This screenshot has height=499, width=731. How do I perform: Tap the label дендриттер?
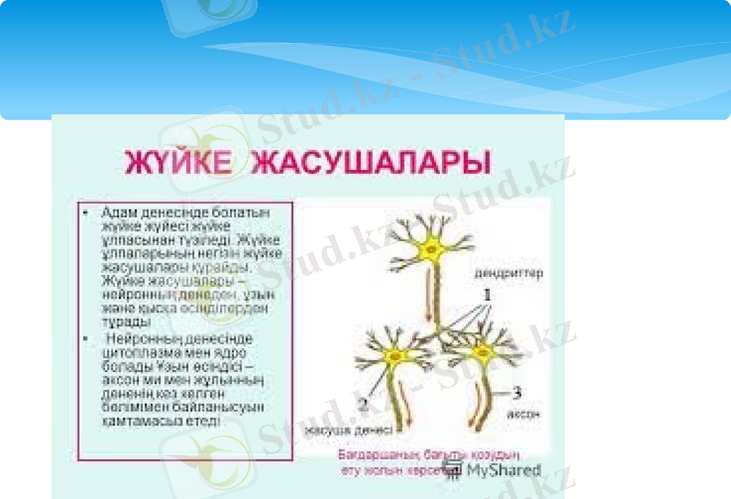[508, 273]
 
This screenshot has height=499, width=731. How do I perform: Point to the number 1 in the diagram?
[488, 296]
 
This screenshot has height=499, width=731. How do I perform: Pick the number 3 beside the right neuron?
[516, 394]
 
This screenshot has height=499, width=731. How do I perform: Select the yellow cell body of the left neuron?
[396, 356]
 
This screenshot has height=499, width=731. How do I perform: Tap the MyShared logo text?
[503, 470]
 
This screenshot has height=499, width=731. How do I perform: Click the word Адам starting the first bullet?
[117, 212]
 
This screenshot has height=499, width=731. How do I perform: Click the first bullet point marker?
[84, 212]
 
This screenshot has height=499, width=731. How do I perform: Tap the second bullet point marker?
[84, 339]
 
